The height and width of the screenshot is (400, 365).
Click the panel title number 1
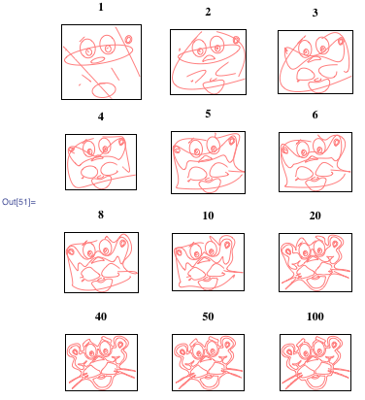pos(101,7)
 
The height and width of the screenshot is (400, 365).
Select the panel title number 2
pos(208,12)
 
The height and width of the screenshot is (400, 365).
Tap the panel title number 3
pos(315,13)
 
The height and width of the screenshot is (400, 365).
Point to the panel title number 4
pos(101,117)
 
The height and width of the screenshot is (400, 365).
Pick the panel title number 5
pos(208,114)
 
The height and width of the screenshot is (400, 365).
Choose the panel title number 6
pos(315,115)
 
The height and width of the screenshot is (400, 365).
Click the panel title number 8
pos(101,215)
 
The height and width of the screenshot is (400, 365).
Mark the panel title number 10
pos(208,216)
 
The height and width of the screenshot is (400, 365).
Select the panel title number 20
pos(315,216)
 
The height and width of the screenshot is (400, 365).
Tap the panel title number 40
pos(101,317)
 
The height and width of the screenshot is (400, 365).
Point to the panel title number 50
pos(208,317)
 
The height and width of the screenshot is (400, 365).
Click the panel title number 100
pos(315,317)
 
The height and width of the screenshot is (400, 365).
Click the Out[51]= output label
pos(19,202)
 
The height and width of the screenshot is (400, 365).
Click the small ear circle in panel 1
pos(128,40)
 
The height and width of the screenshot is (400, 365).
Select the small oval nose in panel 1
pos(97,60)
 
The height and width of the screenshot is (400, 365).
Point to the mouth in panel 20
pos(315,288)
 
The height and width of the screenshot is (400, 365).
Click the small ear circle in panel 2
pos(237,40)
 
